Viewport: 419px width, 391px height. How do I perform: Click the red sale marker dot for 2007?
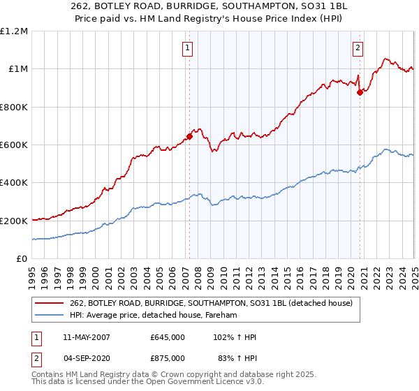[189, 136]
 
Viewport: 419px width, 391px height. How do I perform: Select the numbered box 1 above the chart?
[189, 48]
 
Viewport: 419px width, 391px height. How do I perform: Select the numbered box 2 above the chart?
[358, 48]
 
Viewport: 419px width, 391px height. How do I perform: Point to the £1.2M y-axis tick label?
[14, 31]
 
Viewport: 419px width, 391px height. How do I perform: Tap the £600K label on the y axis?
[14, 145]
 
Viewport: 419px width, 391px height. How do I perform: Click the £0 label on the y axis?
[21, 259]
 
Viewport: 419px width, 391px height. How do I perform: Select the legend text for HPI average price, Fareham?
[154, 316]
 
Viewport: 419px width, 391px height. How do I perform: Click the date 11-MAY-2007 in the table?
[87, 337]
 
